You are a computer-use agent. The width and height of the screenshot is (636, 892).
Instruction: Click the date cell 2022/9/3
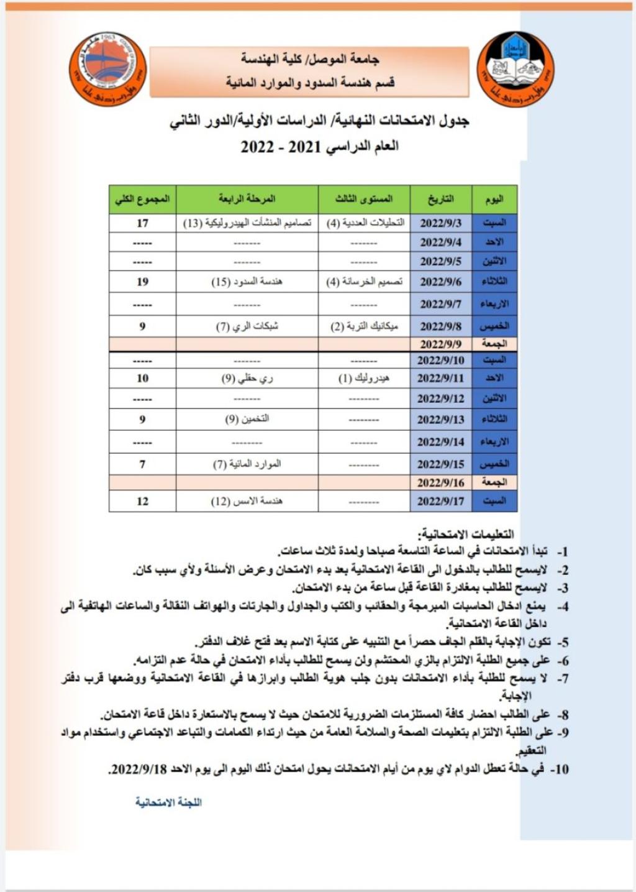[440, 223]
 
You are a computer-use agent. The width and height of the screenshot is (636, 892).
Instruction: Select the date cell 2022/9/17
[440, 501]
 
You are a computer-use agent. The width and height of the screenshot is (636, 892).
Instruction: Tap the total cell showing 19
[142, 282]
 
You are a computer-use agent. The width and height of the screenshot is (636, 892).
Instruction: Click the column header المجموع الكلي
[142, 200]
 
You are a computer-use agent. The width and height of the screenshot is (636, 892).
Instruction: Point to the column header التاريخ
[440, 200]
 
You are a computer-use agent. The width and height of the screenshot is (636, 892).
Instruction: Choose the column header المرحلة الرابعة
[247, 200]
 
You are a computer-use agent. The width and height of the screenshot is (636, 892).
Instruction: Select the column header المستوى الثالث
[364, 200]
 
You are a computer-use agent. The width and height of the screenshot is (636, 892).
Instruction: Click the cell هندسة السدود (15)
[247, 282]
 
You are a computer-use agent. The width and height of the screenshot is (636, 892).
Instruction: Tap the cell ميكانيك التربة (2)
[364, 326]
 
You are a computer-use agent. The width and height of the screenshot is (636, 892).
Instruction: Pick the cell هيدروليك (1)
[364, 378]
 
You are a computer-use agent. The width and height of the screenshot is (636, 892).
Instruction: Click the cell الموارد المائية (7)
[247, 464]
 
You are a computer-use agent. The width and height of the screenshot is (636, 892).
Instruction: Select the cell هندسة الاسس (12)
[247, 501]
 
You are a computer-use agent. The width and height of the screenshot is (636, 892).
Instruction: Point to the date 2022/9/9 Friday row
[440, 344]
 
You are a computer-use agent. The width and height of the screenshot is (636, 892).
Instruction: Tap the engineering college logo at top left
[107, 70]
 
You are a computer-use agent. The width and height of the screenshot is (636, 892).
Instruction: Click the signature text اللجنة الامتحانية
[168, 802]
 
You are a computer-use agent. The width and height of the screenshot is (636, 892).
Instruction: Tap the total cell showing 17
[142, 223]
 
